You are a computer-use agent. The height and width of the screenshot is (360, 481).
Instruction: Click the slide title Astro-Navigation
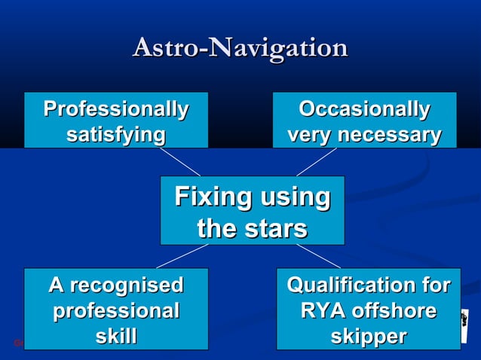click(x=240, y=47)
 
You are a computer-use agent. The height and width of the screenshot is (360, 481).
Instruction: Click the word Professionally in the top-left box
click(x=115, y=109)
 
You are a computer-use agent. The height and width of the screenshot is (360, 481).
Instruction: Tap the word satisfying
click(x=115, y=135)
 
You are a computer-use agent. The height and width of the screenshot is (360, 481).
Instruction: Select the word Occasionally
click(x=364, y=109)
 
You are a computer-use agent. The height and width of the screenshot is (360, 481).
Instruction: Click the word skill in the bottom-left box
click(x=115, y=336)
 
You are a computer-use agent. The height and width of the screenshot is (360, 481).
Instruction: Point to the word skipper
click(x=369, y=336)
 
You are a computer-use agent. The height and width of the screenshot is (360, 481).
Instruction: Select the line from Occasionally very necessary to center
click(x=316, y=162)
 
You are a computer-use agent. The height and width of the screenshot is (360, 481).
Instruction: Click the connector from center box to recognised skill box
click(x=182, y=256)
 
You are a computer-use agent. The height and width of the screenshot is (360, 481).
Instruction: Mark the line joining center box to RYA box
click(x=317, y=256)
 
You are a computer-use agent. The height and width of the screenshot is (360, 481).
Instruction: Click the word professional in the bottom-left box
click(x=115, y=310)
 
